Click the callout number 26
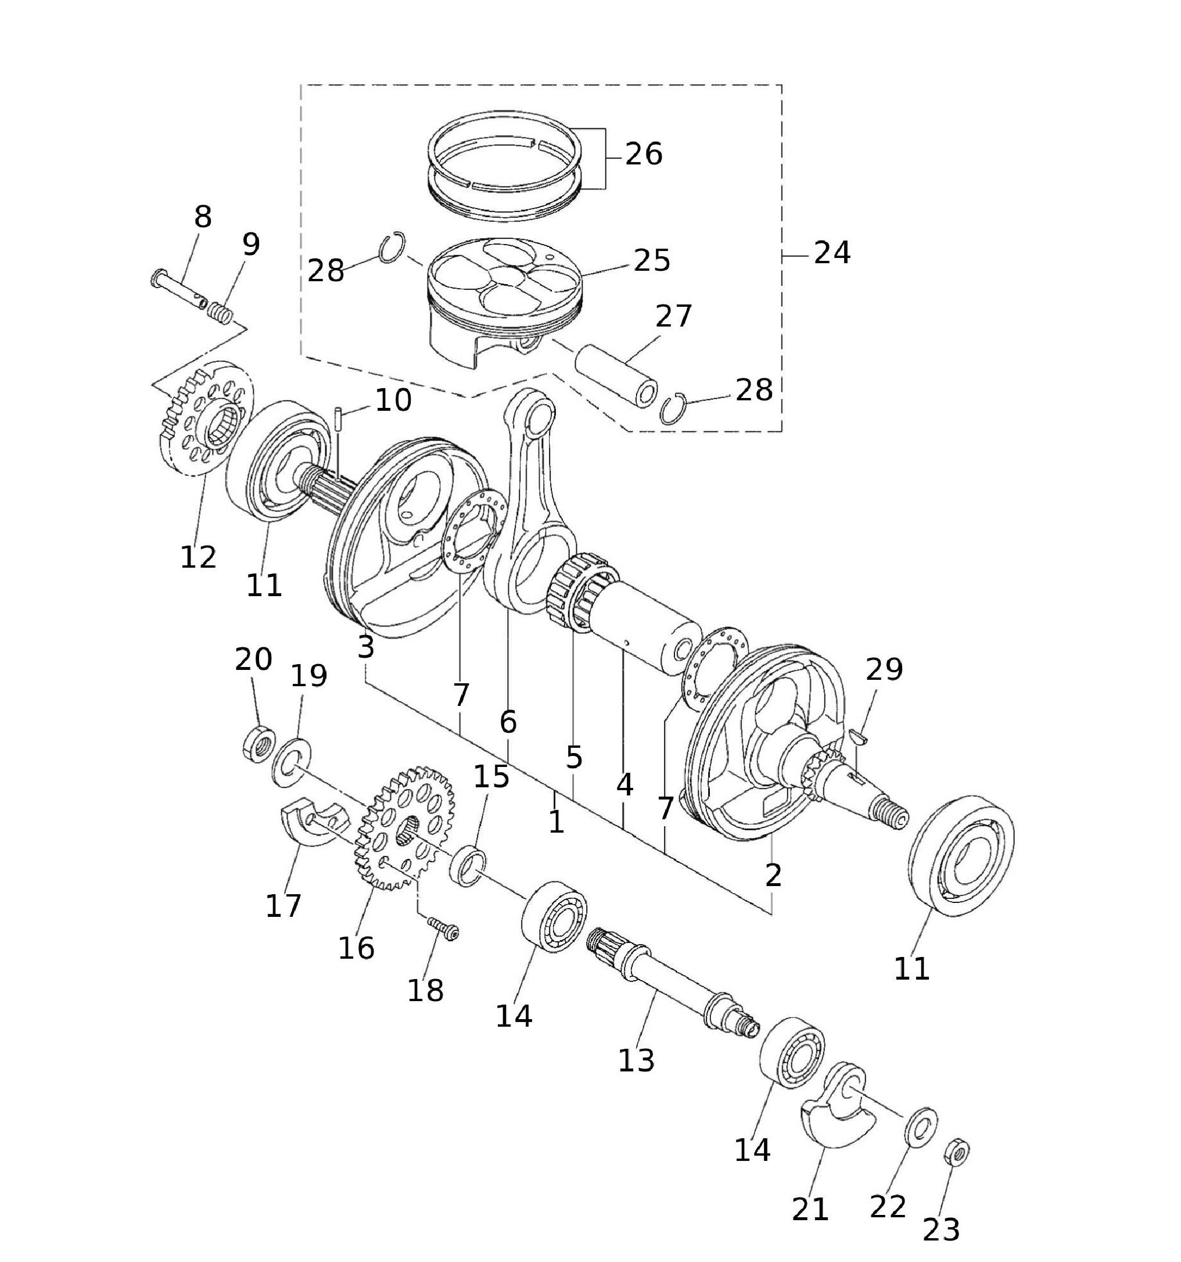pos(644,154)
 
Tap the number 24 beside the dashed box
pos(831,253)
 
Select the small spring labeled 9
pos(221,313)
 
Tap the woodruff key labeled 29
pos(860,736)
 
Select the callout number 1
pos(556,822)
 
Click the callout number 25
pos(652,260)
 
